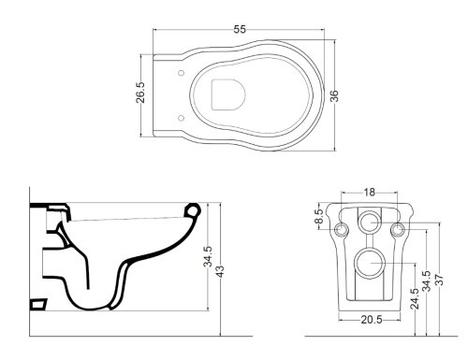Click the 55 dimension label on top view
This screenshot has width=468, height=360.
point(240,29)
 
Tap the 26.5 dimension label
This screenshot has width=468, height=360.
point(140,93)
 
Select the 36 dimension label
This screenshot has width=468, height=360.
point(334,95)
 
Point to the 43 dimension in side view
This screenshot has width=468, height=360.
point(220,271)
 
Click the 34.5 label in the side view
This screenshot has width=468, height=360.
point(208,257)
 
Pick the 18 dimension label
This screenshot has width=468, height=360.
point(369,193)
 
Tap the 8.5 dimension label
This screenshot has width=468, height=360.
point(318,216)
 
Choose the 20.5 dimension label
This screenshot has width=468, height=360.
point(372,320)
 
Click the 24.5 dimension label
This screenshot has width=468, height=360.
point(415,298)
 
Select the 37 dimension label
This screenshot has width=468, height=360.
point(439,280)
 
